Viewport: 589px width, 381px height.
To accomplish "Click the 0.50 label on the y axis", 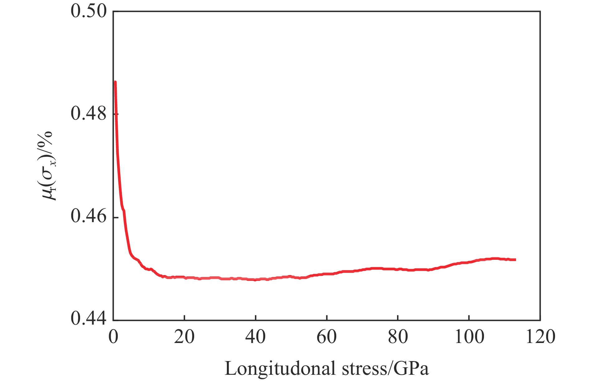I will (x=89, y=12).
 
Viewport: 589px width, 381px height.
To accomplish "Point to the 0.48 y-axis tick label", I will (x=89, y=114).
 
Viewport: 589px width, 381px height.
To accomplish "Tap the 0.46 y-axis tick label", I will (x=89, y=217).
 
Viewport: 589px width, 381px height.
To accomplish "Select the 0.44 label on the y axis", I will (x=89, y=319).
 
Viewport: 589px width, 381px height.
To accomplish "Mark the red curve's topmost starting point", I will (x=115, y=82).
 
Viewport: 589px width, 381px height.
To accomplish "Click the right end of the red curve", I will (x=515, y=260).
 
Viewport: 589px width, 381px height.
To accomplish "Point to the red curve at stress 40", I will (x=255, y=279).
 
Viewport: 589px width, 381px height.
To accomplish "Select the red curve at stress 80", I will (x=398, y=269).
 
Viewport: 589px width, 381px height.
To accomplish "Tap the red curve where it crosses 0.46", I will (x=125, y=217).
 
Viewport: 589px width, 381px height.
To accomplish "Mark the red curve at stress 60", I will (x=327, y=274).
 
